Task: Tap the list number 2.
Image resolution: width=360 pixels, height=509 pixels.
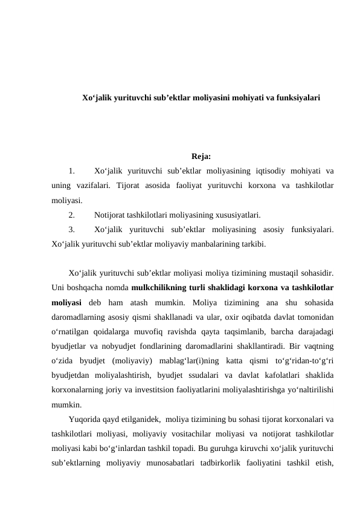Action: [71, 215]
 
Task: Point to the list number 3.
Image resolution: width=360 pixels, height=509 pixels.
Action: [71, 230]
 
